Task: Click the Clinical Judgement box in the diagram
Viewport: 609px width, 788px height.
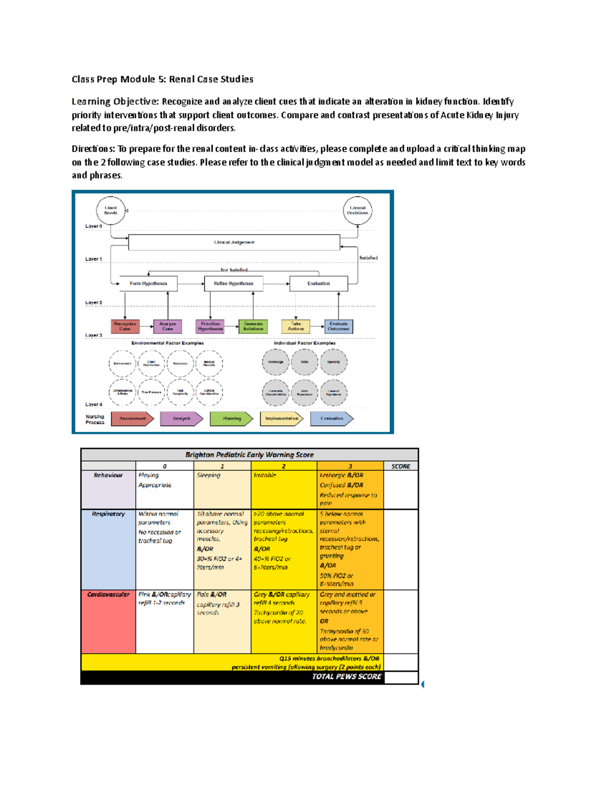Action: point(234,243)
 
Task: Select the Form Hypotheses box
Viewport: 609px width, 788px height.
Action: point(148,284)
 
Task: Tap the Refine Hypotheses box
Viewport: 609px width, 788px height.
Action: point(233,284)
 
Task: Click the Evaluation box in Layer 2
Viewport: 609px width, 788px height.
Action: point(318,284)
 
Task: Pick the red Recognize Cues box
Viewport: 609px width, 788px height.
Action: point(125,326)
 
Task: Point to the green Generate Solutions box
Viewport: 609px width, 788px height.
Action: point(253,326)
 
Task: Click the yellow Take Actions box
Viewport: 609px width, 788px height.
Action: point(296,326)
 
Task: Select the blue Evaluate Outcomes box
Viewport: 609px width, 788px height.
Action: point(339,326)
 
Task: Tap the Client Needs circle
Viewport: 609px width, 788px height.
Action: point(111,211)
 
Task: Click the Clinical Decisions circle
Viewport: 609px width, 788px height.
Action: point(357,211)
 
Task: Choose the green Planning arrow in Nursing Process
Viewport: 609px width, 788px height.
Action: point(232,419)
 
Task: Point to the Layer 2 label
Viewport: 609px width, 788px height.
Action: point(93,303)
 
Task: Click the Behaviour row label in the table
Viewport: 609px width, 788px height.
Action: point(108,475)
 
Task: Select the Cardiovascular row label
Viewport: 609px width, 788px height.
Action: point(108,595)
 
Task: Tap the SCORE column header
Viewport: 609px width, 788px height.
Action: point(400,466)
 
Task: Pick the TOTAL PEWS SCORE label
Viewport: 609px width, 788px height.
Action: point(347,677)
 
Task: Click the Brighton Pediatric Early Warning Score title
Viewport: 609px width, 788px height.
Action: point(249,455)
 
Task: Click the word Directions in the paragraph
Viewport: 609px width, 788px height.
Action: point(93,149)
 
